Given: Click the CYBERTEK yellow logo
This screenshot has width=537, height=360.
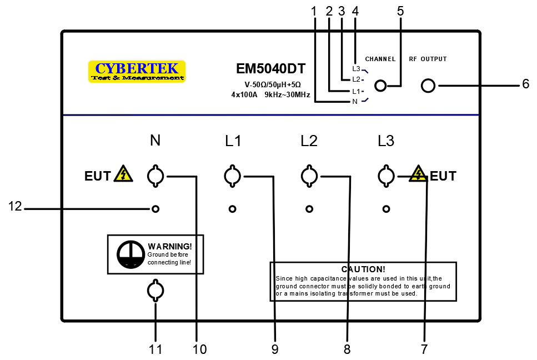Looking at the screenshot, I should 137,72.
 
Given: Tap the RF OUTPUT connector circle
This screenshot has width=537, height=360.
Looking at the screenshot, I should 428,86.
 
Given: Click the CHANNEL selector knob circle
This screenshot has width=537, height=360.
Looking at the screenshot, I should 380,86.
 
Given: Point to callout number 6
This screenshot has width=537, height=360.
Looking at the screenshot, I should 525,85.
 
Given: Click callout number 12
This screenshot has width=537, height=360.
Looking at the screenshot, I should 15,207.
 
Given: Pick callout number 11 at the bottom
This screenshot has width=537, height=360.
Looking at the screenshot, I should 155,349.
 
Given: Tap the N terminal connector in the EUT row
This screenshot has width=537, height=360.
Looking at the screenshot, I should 155,177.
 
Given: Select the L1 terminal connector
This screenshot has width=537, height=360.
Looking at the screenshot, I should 232,177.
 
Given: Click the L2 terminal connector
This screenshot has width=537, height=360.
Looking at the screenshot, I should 309,177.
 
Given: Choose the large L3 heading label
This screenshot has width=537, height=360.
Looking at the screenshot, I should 385,141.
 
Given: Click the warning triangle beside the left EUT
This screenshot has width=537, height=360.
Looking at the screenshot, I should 123,174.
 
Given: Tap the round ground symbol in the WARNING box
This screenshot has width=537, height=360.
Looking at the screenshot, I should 130,254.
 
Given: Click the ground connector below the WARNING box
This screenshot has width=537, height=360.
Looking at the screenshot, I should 155,291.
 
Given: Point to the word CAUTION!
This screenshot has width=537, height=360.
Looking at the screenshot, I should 363,269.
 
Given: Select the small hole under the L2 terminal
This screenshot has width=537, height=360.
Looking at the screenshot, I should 309,209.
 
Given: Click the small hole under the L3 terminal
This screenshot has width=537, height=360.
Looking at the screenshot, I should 386,209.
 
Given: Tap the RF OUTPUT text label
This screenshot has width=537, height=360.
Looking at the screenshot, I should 428,59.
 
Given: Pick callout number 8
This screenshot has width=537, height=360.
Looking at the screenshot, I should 347,349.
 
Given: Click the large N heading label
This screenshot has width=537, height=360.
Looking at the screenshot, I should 155,141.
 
